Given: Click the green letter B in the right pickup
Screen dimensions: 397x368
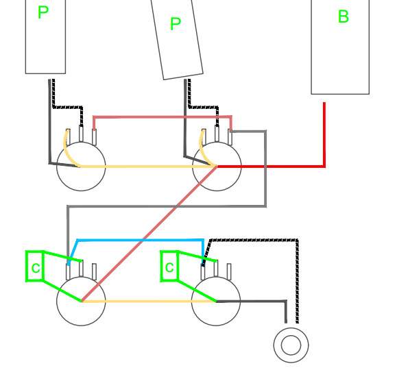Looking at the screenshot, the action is [x=344, y=16].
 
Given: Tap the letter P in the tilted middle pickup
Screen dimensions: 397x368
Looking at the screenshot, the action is [x=176, y=24].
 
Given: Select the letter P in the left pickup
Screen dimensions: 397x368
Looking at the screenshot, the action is [x=43, y=12].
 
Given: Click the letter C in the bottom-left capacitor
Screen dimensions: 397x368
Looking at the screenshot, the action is [x=36, y=268].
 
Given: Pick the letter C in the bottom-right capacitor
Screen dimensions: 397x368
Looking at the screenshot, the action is [x=169, y=267].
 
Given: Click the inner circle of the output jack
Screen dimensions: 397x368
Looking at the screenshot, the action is [x=291, y=345].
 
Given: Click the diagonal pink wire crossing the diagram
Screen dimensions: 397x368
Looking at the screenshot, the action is [x=149, y=234].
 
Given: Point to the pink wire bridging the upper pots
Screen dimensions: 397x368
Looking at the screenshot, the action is [x=162, y=117].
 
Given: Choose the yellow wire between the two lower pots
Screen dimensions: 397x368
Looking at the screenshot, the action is [x=149, y=301].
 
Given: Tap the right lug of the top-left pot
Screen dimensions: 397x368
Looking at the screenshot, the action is [x=94, y=137].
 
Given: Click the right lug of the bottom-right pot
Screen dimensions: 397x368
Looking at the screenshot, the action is [x=229, y=270].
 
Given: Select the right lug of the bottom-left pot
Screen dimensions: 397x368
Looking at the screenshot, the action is [x=94, y=271].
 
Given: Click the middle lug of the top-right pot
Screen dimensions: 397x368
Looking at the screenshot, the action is [x=217, y=133].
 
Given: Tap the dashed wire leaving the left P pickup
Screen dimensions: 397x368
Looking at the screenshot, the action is [x=67, y=108].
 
